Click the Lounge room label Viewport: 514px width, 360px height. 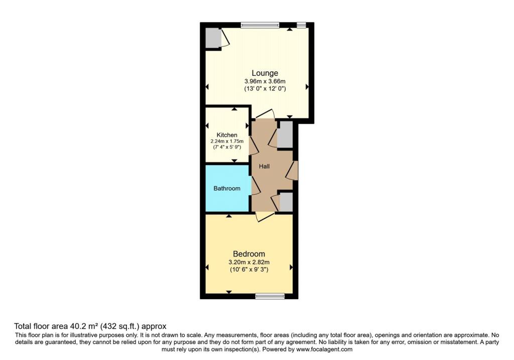click(x=265, y=73)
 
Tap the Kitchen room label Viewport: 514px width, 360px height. click(x=227, y=135)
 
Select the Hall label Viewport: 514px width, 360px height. click(x=264, y=167)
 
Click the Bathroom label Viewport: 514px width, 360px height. click(x=227, y=188)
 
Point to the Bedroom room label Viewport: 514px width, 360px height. click(x=249, y=254)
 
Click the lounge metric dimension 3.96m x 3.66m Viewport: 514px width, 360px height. click(x=265, y=81)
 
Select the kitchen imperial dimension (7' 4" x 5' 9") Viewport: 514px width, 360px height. click(x=227, y=147)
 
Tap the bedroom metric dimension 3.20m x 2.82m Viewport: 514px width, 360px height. click(x=249, y=262)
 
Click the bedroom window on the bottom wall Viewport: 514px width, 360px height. click(x=270, y=296)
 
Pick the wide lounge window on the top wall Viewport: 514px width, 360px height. click(x=260, y=25)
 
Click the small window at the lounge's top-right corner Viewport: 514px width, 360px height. click(x=301, y=25)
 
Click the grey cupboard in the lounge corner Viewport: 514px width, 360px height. click(x=213, y=38)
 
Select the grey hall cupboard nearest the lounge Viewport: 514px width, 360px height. click(x=285, y=135)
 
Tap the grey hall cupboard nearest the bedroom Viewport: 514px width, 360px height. click(x=286, y=202)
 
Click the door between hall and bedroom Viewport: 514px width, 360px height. click(x=265, y=216)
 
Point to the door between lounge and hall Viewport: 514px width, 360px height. click(x=265, y=114)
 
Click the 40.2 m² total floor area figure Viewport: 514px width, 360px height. click(x=84, y=326)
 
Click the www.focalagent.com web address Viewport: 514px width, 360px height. click(x=324, y=349)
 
